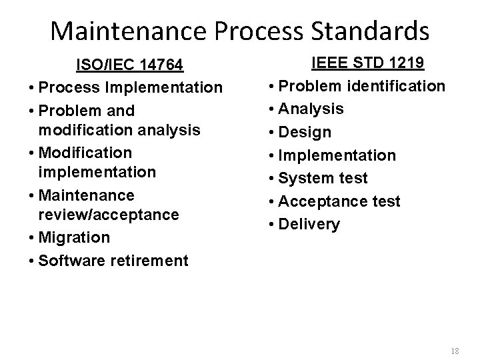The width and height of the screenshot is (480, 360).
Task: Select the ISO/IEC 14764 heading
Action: [131, 65]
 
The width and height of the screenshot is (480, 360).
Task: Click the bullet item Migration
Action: [74, 237]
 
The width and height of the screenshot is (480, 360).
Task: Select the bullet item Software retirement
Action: [113, 260]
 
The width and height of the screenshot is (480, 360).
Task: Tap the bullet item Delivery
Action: [309, 224]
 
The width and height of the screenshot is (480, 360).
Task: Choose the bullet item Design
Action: [305, 132]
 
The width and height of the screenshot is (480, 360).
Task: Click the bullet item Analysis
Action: [311, 109]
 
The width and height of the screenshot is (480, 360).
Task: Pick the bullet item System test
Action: [323, 178]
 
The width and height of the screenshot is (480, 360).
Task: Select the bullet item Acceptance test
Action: [339, 201]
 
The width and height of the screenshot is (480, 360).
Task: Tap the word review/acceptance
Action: [109, 215]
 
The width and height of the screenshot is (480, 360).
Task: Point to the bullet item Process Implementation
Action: [131, 87]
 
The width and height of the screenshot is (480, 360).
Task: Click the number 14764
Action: [159, 65]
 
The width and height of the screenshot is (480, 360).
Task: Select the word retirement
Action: [150, 260]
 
